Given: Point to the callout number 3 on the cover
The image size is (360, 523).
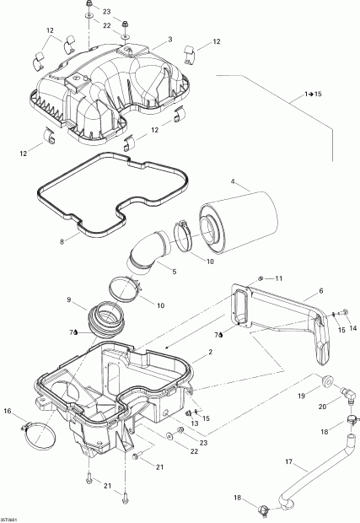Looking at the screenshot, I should pyautogui.click(x=169, y=40).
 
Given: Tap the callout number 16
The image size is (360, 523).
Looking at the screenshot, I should pyautogui.click(x=8, y=411).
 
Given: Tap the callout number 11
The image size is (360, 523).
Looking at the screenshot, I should pyautogui.click(x=279, y=278).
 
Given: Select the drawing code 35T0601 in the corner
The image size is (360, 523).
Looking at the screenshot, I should pyautogui.click(x=12, y=519).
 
